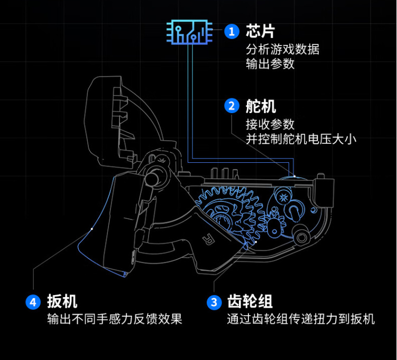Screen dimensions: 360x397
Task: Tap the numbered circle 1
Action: [230, 31]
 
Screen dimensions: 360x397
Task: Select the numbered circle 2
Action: [231, 106]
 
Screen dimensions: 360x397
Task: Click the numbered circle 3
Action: [214, 302]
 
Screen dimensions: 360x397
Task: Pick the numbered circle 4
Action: [33, 302]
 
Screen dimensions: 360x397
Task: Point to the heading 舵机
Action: [261, 106]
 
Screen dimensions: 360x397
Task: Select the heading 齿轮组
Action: [250, 302]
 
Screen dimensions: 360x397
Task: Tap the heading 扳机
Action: [62, 302]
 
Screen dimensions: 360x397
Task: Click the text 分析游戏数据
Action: [282, 50]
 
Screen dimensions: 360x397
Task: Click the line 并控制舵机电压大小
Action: [301, 139]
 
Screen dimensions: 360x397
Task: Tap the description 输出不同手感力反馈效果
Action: [115, 319]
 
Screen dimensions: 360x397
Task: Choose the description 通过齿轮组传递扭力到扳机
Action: [301, 319]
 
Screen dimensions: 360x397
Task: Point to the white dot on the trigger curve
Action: [92, 229]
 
